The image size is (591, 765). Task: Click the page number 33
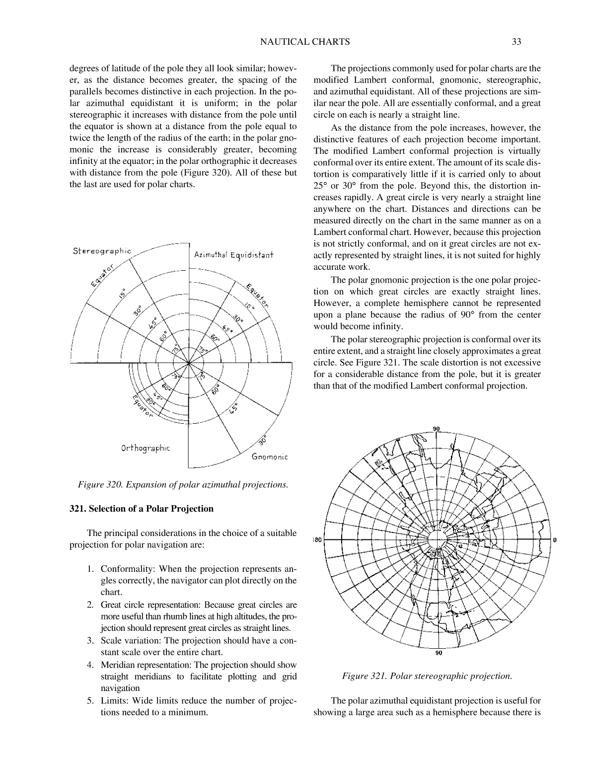click(x=516, y=42)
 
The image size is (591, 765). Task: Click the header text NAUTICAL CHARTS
click(x=304, y=42)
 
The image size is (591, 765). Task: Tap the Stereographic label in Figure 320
click(x=102, y=251)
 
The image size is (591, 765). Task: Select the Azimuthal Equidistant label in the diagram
click(x=233, y=255)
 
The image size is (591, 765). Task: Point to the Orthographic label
click(x=145, y=448)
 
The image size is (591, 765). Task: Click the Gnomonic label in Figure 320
click(x=270, y=457)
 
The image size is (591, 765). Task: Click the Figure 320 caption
click(x=183, y=484)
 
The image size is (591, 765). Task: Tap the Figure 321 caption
click(x=427, y=676)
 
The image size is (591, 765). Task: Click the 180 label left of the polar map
click(x=318, y=540)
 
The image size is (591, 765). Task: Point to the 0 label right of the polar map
click(x=554, y=540)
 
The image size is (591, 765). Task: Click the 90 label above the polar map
click(x=437, y=429)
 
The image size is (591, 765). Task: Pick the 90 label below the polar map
click(x=438, y=653)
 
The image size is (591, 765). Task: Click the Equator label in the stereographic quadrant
click(x=103, y=276)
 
